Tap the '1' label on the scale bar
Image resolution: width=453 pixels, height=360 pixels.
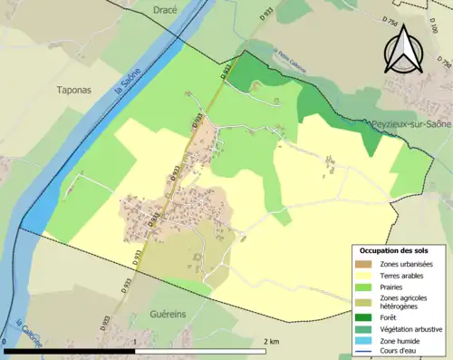(x=135, y=341)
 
